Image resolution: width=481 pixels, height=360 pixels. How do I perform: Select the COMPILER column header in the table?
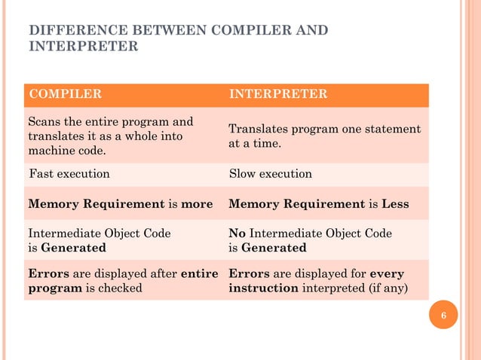[x=65, y=94]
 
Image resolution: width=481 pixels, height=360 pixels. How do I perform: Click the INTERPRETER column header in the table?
[x=277, y=94]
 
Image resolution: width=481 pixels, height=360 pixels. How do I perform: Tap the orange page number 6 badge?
[x=443, y=315]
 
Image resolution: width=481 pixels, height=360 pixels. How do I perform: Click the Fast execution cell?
[x=69, y=174]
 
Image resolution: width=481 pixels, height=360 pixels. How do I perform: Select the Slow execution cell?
[x=270, y=174]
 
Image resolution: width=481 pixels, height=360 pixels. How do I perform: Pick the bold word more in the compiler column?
[x=197, y=204]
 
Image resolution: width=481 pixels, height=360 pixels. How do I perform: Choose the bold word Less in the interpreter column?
[x=395, y=204]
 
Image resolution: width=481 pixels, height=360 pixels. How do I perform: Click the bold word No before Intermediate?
[x=237, y=233]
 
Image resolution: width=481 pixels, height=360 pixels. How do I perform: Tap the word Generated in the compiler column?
[x=73, y=247]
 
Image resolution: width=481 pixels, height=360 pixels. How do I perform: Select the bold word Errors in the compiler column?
[x=47, y=273]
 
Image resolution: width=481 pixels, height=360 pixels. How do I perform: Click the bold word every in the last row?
[x=388, y=273]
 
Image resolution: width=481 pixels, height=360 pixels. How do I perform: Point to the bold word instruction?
[x=263, y=288]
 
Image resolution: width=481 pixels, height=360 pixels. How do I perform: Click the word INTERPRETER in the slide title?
[x=83, y=46]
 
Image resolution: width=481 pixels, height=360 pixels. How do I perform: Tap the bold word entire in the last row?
[x=200, y=273]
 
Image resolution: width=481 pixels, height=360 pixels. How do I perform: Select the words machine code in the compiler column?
[x=65, y=151]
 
